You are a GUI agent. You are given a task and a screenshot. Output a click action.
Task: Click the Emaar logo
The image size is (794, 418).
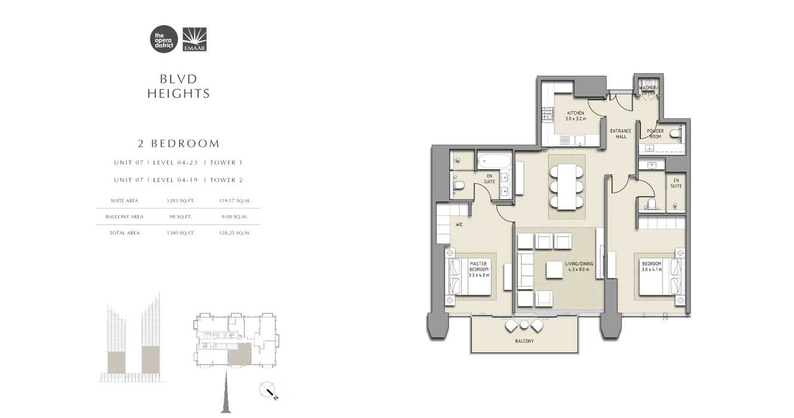click(x=195, y=39)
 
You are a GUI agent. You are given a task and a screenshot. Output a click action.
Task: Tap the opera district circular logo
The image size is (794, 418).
click(x=164, y=39)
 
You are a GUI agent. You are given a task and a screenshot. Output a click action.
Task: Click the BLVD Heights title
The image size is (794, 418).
click(x=179, y=87)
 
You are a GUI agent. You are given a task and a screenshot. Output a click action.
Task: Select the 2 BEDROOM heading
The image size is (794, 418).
click(x=179, y=144)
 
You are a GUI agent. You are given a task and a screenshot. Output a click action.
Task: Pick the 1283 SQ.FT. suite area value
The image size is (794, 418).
click(x=181, y=201)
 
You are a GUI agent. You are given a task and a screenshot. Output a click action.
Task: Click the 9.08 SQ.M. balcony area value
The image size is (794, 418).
click(x=233, y=217)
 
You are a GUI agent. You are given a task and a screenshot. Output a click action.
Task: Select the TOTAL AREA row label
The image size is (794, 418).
click(x=125, y=233)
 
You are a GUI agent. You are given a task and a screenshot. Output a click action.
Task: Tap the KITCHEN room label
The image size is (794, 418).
click(x=576, y=116)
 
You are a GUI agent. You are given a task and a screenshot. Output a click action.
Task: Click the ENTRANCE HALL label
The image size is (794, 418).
click(x=621, y=134)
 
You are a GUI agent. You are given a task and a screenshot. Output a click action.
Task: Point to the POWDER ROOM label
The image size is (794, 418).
click(x=655, y=134)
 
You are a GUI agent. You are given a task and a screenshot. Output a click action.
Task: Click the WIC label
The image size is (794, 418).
click(x=460, y=225)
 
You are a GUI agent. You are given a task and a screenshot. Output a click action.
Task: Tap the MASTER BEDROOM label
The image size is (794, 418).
click(x=478, y=269)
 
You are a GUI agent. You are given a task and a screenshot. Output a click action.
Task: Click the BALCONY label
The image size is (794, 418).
click(x=524, y=341)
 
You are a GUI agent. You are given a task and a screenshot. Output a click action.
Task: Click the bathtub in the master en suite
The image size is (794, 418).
click(x=494, y=160)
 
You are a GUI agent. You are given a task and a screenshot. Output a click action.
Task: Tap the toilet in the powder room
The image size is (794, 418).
click(x=675, y=134)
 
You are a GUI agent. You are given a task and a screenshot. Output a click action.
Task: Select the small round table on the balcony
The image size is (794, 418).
click(x=524, y=324)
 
